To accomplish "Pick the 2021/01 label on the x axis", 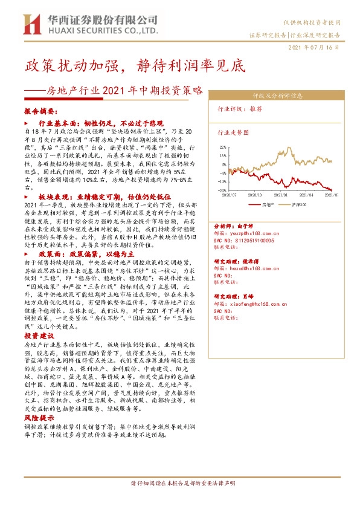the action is click(281, 195).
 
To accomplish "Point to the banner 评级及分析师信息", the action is click(278, 96).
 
